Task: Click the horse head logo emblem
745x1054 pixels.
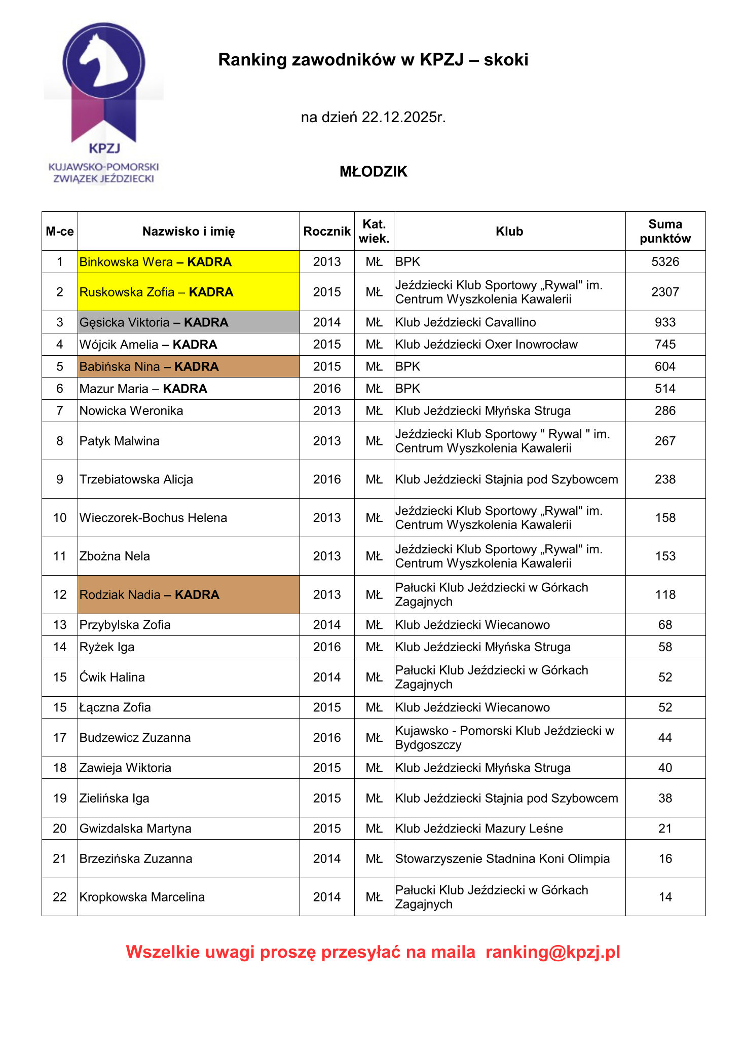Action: (104, 61)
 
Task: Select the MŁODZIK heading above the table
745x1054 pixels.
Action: (374, 172)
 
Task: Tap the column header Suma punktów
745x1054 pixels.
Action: (665, 231)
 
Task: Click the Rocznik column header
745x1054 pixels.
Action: (327, 232)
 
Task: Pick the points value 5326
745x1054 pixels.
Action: (665, 262)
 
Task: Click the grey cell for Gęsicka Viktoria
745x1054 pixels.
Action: (188, 322)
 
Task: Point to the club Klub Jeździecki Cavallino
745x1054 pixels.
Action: (465, 322)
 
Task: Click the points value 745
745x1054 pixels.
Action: (665, 345)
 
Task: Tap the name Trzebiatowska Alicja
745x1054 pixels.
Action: (136, 479)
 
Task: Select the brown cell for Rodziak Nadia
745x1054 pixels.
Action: (188, 595)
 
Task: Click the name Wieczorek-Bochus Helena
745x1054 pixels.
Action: (153, 518)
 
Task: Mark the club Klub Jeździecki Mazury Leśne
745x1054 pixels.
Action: (479, 829)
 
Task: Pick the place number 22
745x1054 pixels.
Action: (60, 897)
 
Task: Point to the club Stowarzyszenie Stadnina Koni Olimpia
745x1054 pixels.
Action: (502, 859)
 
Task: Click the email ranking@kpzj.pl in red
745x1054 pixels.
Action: (552, 952)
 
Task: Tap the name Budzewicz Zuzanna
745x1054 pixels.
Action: (135, 738)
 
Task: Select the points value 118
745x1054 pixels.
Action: (665, 595)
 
